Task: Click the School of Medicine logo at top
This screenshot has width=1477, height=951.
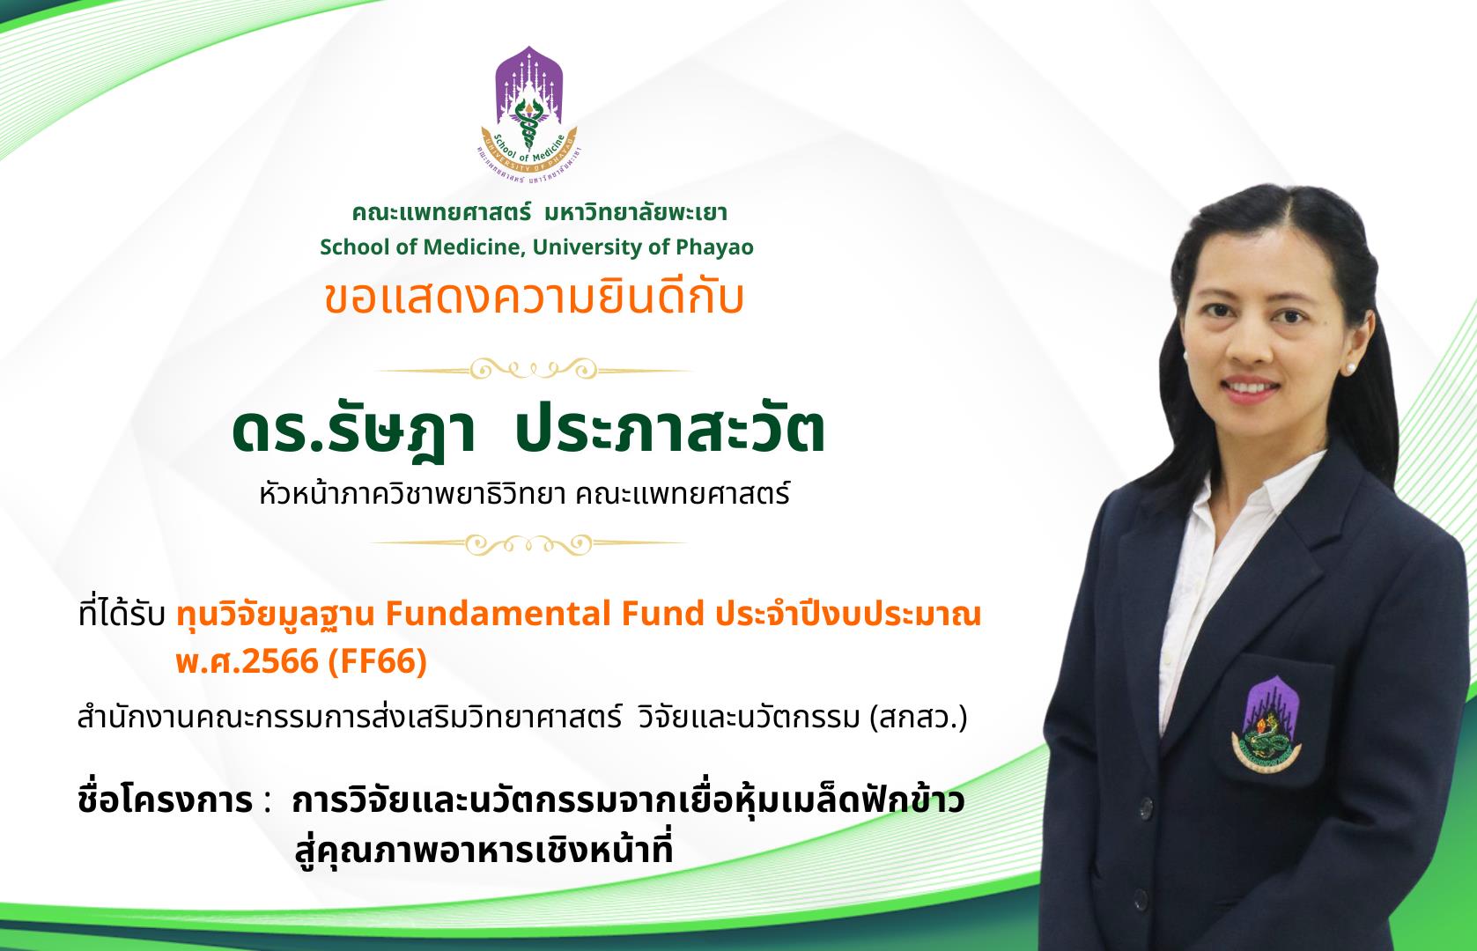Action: click(529, 114)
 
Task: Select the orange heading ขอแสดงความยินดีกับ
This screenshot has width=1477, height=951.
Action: click(534, 298)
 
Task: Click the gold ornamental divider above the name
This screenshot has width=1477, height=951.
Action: click(534, 370)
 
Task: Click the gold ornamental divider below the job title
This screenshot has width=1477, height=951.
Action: click(528, 544)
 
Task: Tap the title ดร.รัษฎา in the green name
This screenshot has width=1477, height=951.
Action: click(353, 431)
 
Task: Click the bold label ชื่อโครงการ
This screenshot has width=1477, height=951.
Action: click(165, 800)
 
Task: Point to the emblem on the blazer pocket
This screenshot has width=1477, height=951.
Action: click(1266, 725)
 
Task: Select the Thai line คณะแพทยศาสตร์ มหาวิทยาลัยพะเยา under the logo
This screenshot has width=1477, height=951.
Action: click(539, 213)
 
